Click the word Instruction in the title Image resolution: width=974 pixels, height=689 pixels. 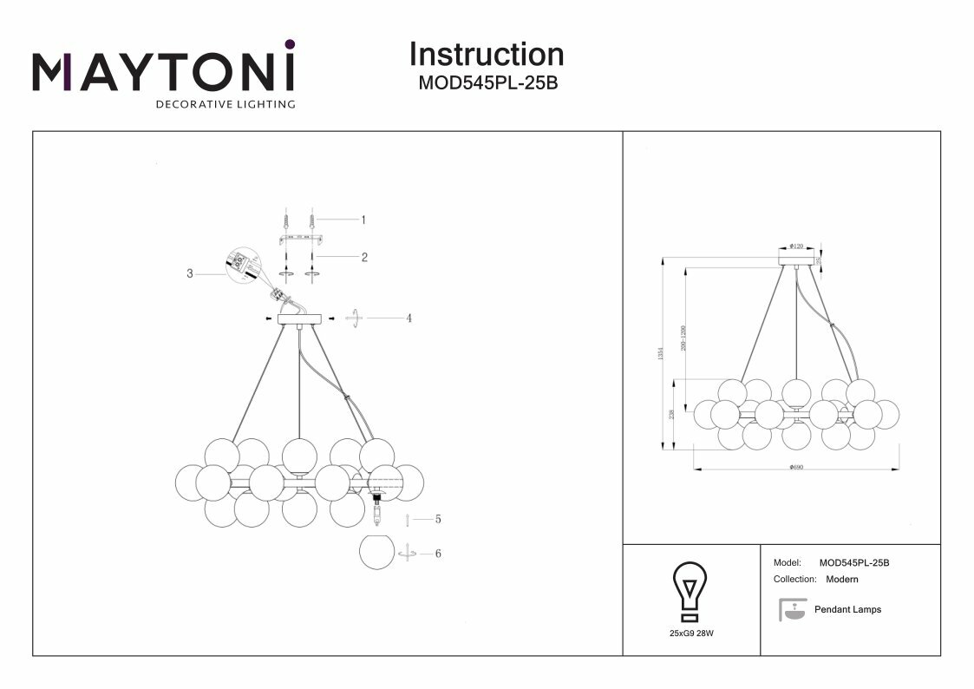click(486, 54)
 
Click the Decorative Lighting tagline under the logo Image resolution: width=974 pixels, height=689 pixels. click(225, 105)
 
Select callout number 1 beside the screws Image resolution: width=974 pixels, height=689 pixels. click(363, 220)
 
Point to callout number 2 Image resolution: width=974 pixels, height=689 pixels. click(364, 257)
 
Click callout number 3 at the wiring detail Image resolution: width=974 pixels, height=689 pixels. click(189, 273)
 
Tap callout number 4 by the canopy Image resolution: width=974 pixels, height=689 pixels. click(408, 318)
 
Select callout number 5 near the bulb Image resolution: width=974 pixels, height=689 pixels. click(438, 519)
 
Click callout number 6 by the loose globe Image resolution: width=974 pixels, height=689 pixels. click(438, 553)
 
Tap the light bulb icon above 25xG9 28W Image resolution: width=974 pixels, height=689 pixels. click(690, 591)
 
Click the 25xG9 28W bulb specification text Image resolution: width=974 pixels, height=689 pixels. click(691, 634)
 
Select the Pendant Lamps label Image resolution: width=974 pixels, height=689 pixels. click(847, 610)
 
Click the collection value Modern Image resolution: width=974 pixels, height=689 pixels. click(841, 579)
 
